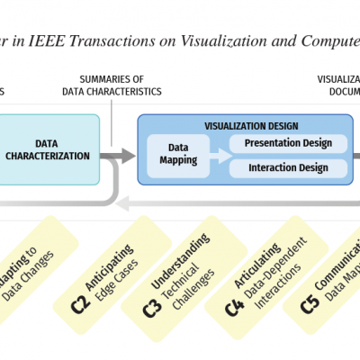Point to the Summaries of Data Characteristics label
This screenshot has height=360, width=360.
click(x=112, y=85)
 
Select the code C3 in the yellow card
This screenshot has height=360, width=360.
click(x=151, y=304)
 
